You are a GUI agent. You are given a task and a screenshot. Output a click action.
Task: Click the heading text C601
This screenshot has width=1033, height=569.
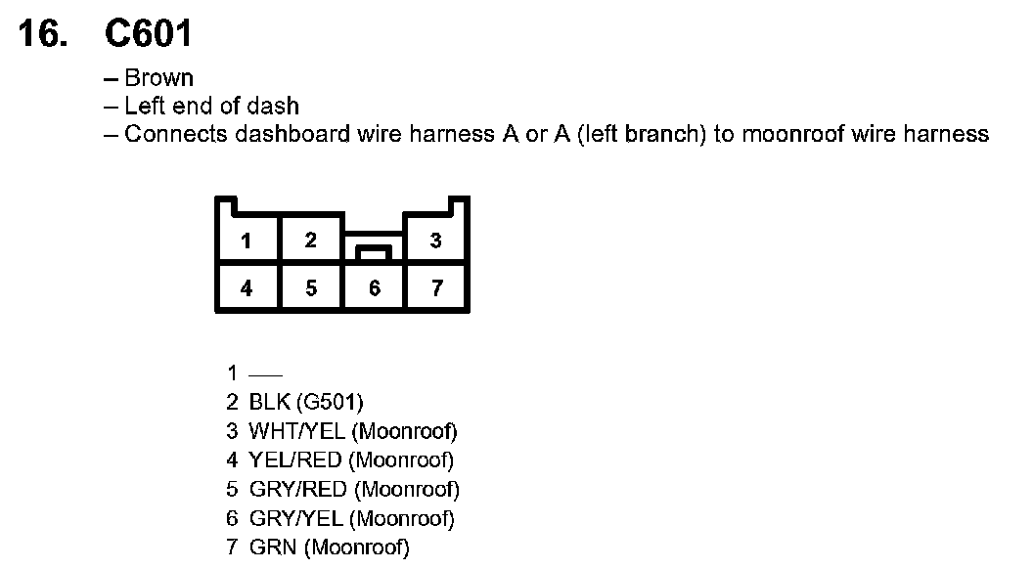[x=149, y=34]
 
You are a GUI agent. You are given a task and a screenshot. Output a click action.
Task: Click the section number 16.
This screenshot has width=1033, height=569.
[x=44, y=34]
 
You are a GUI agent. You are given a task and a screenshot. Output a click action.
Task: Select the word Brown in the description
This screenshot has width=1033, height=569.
[x=158, y=78]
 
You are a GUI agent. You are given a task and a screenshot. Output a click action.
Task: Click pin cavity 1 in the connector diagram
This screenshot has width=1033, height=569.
[x=247, y=241]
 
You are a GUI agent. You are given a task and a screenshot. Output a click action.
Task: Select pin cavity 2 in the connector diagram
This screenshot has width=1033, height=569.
[x=310, y=240]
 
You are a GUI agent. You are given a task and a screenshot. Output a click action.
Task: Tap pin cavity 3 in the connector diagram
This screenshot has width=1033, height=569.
[x=436, y=241]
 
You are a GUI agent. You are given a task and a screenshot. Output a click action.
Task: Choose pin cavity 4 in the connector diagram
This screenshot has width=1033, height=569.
[x=247, y=288]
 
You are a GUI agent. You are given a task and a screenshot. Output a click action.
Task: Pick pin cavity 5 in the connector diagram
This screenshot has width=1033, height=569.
[x=310, y=288]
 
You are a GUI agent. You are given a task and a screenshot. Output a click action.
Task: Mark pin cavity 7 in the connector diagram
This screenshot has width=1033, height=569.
[x=436, y=288]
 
